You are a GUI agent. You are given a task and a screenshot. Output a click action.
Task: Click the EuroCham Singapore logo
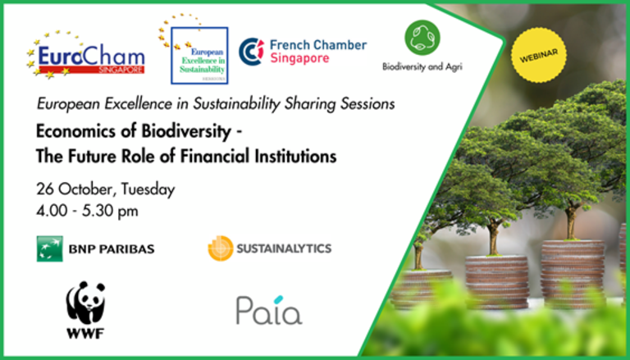tap(85, 55)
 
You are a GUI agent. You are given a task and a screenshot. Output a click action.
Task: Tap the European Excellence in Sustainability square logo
tap(199, 56)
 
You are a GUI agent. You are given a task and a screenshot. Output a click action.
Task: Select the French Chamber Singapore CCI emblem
tap(251, 52)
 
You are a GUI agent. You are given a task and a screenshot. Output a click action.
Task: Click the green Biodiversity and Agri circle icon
tap(422, 38)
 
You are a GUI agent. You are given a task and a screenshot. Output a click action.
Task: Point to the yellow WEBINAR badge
tap(539, 55)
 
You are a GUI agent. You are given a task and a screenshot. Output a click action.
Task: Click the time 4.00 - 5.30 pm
tap(87, 211)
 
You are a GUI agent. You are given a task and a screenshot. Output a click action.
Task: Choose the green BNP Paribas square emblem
tap(50, 248)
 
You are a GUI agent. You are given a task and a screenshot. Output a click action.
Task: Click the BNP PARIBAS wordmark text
tap(112, 249)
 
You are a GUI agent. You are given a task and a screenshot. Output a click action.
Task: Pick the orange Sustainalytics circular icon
tap(221, 248)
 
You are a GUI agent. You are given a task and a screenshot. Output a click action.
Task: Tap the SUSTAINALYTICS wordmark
tap(284, 248)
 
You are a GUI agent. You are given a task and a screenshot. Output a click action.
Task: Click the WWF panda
tap(85, 303)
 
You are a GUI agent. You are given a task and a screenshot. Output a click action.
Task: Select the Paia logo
tap(269, 310)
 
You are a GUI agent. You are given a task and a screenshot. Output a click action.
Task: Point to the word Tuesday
tap(148, 189)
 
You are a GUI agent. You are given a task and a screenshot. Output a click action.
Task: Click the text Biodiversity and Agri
tap(422, 66)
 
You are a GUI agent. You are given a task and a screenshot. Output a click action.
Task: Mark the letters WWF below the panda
tap(85, 333)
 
